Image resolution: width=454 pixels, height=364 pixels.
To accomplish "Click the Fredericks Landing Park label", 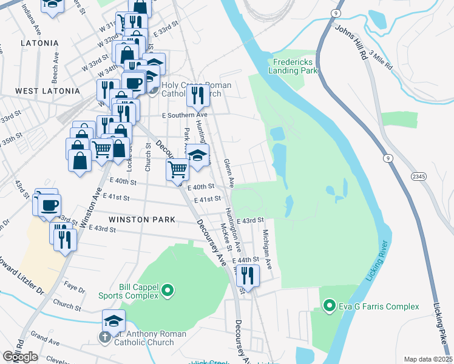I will coord(296,66).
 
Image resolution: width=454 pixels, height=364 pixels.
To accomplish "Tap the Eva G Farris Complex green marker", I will coord(330,305).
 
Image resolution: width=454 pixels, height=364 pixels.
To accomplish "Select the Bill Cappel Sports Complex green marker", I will coord(169,293).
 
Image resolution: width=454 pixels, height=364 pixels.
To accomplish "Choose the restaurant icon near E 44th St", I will coord(248,276).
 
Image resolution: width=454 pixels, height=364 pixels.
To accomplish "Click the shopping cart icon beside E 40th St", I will coord(177,169).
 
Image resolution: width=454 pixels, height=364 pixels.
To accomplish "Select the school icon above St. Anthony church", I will coord(113,320).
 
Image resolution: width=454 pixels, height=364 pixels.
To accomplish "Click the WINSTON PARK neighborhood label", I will coord(142,219).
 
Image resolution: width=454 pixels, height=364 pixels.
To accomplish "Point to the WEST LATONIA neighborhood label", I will coord(47,91).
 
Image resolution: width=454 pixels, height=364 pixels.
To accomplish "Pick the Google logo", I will coord(20,357).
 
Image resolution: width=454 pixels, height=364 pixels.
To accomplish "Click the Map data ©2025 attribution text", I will coord(428,359).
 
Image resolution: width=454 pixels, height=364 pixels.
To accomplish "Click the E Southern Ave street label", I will coord(185,115).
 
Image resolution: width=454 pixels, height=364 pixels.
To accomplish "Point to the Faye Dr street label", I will coord(74,290).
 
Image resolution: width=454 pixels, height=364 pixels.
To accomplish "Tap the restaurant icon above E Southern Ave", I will coord(197,95).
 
